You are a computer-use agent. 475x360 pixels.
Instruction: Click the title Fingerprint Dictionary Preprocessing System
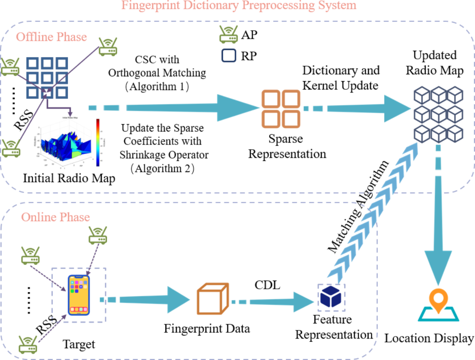tap(239, 6)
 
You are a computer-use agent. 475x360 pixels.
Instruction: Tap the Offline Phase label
tap(51, 37)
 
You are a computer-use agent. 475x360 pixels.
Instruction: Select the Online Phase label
tap(55, 217)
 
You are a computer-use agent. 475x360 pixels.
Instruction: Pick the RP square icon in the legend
tap(228, 56)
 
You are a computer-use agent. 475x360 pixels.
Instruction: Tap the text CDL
tap(268, 284)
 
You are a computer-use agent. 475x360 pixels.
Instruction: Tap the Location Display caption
tap(429, 339)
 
